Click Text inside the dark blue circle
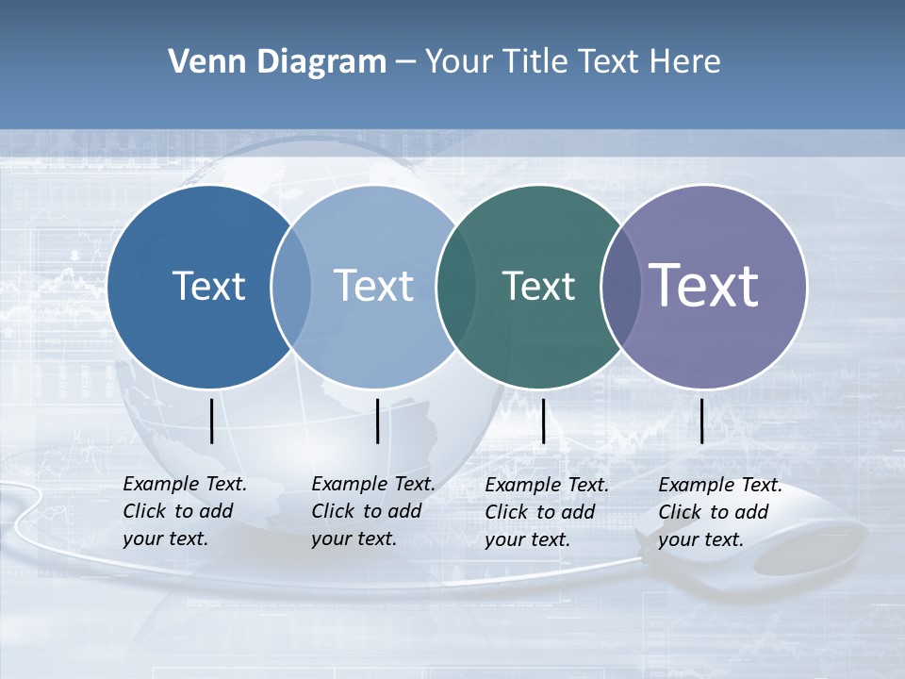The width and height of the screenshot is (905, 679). coord(208,286)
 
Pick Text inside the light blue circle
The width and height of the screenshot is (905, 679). coord(374,286)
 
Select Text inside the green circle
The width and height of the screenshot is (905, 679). coord(538,286)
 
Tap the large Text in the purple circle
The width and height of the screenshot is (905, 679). coord(704,285)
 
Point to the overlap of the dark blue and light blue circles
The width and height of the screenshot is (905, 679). coord(291,287)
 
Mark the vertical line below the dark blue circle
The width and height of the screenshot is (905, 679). coord(212,421)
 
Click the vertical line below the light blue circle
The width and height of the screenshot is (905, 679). coord(377,421)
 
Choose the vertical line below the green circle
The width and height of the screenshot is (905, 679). coord(544,421)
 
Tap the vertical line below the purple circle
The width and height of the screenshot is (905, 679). coord(702,421)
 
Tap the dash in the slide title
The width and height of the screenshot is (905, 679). coord(405,62)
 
